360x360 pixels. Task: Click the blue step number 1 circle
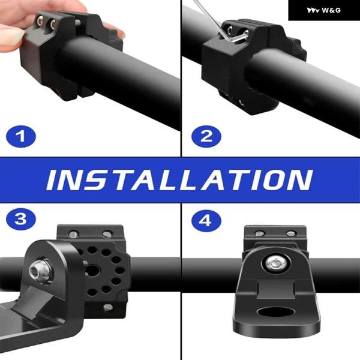[21, 136]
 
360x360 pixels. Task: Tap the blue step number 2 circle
[206, 136]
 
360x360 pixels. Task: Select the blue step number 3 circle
[21, 219]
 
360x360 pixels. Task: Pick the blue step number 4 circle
[206, 221]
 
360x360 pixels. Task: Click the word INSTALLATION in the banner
[179, 180]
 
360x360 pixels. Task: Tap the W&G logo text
[331, 10]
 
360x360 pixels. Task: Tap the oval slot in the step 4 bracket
[275, 311]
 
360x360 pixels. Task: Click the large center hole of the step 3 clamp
[92, 271]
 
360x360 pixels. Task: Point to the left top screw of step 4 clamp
[260, 234]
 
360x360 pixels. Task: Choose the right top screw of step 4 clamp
[291, 234]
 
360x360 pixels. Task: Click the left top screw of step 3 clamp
[73, 234]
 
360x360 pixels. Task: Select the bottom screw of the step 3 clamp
[108, 307]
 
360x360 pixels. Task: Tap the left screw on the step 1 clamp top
[40, 22]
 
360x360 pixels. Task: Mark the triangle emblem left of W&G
[313, 11]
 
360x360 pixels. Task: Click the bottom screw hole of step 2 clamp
[241, 102]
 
